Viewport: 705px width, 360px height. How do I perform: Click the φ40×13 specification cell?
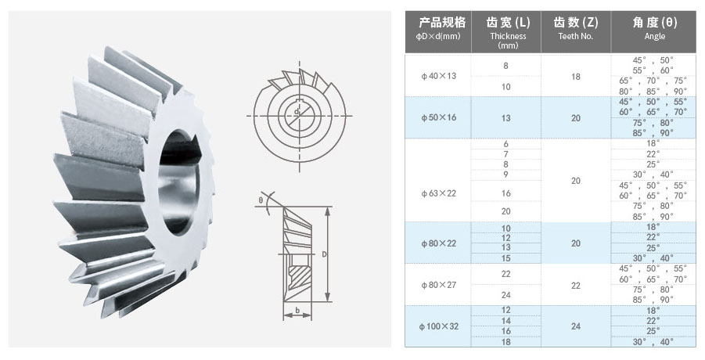pyautogui.click(x=438, y=76)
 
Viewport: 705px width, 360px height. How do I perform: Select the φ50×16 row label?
pyautogui.click(x=438, y=117)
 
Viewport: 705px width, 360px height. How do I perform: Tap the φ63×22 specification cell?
pyautogui.click(x=438, y=194)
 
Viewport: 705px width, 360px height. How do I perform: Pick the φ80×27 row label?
pyautogui.click(x=438, y=285)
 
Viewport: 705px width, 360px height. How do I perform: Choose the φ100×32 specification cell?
pyautogui.click(x=438, y=326)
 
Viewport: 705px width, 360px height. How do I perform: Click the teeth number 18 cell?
pyautogui.click(x=576, y=77)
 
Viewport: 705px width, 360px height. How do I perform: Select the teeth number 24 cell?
pyautogui.click(x=576, y=326)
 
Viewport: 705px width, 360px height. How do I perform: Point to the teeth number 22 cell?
pyautogui.click(x=576, y=286)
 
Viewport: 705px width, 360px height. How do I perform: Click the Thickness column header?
pyautogui.click(x=506, y=31)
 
